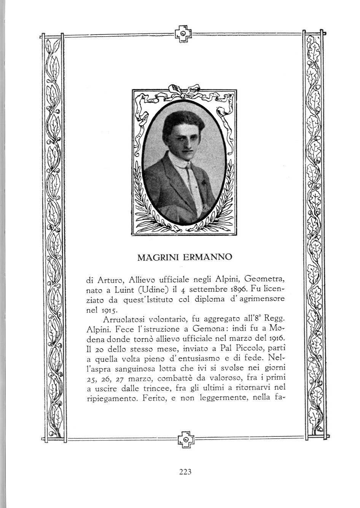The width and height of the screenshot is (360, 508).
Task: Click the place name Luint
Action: click(124, 290)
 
